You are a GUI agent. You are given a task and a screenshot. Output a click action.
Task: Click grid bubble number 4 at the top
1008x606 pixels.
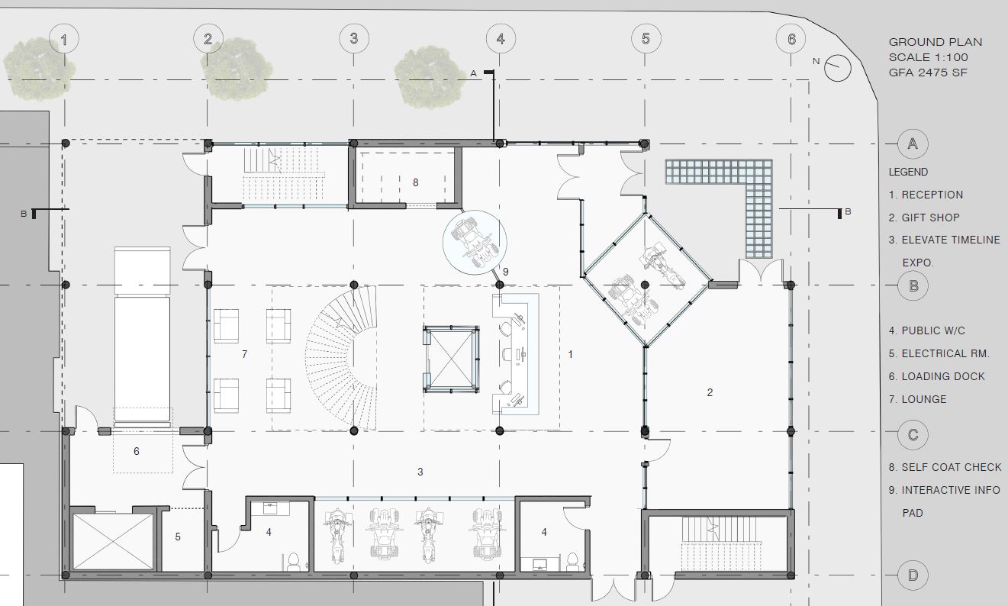[501, 39]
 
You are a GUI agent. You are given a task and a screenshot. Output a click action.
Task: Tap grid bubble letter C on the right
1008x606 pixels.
[913, 435]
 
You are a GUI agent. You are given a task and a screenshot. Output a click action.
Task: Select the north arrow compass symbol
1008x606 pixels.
[837, 68]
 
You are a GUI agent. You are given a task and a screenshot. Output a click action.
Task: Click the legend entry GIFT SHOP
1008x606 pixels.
[924, 218]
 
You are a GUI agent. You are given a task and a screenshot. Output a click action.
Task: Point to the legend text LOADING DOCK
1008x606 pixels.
[937, 376]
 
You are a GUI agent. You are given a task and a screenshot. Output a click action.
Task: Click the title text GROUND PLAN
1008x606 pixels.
[935, 42]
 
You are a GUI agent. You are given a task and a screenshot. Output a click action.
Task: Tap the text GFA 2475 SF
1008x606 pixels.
[928, 73]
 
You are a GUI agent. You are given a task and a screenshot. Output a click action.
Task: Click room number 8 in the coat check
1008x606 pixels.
[415, 182]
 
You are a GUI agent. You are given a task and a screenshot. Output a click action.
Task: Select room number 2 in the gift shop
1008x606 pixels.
[710, 392]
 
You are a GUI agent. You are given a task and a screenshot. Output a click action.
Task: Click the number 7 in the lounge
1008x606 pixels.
[244, 354]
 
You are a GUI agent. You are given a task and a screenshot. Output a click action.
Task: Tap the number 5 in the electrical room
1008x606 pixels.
[178, 537]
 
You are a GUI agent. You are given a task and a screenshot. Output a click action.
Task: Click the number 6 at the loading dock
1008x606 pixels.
[137, 451]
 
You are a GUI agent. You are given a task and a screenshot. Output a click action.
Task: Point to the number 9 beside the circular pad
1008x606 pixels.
[506, 272]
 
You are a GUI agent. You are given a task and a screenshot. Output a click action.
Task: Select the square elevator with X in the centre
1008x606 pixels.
[451, 359]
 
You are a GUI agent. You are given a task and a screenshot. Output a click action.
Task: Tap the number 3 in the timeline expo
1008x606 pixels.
[420, 472]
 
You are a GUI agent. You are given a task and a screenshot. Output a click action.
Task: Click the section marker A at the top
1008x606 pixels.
[473, 73]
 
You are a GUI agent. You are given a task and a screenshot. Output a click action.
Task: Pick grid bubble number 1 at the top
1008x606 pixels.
[64, 39]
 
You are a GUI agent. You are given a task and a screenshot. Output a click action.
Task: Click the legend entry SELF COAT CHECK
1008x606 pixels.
[945, 467]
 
